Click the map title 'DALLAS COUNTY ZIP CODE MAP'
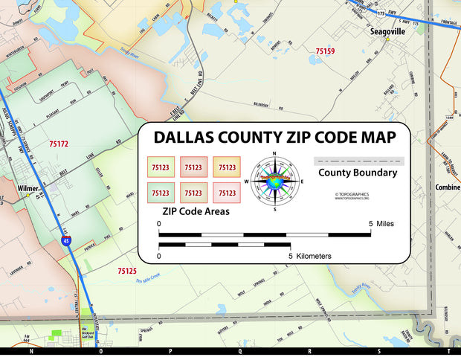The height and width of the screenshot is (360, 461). pyautogui.click(x=274, y=138)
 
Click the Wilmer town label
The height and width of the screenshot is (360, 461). pyautogui.click(x=28, y=188)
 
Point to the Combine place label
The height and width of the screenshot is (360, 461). pyautogui.click(x=448, y=187)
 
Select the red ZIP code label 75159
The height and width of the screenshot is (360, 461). pyautogui.click(x=325, y=51)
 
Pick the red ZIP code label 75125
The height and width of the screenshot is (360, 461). pyautogui.click(x=127, y=271)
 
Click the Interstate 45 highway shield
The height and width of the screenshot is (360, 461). pyautogui.click(x=67, y=241)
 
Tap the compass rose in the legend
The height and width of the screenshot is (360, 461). pyautogui.click(x=274, y=181)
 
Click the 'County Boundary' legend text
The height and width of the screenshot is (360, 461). pyautogui.click(x=358, y=173)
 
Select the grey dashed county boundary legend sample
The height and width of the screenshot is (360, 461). pyautogui.click(x=358, y=160)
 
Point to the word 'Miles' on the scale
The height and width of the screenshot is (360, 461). pyautogui.click(x=385, y=223)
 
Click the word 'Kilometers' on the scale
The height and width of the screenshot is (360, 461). pyautogui.click(x=314, y=256)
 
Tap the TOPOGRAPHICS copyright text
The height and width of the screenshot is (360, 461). pyautogui.click(x=352, y=196)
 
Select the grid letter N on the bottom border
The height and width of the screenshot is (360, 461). pyautogui.click(x=30, y=350)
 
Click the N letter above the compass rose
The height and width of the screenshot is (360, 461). pyautogui.click(x=274, y=155)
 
